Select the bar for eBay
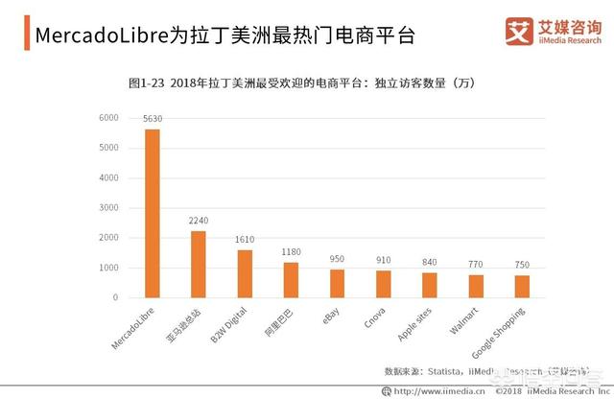[x=337, y=283]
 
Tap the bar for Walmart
[x=476, y=286]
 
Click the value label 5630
[x=153, y=119]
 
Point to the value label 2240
[x=199, y=221]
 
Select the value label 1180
[x=291, y=252]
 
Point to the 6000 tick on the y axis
[x=108, y=118]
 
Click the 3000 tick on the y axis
[x=108, y=208]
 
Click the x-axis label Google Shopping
[x=509, y=332]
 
